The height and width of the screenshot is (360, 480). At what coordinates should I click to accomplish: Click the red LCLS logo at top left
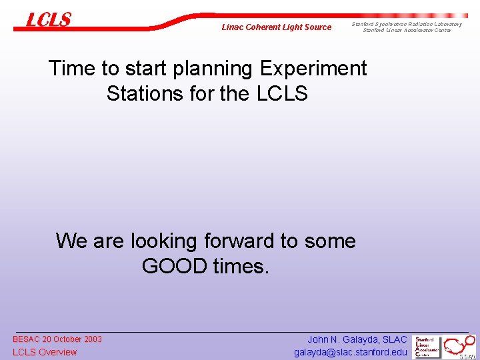48,20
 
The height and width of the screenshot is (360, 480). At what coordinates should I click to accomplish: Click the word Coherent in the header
265,27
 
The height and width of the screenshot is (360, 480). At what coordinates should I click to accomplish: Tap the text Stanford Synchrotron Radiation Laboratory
407,24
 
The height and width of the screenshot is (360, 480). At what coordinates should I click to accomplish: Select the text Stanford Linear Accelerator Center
407,30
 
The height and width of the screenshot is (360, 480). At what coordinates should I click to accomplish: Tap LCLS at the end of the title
281,93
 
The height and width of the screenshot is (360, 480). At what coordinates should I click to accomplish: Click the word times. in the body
241,266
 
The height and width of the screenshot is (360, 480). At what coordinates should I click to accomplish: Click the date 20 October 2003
73,339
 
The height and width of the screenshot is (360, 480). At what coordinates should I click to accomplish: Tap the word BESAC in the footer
27,339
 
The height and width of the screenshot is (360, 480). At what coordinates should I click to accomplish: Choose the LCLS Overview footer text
45,352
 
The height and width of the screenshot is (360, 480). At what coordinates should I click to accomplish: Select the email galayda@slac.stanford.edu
350,352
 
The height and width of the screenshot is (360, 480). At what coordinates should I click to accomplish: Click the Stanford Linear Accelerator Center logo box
427,347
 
